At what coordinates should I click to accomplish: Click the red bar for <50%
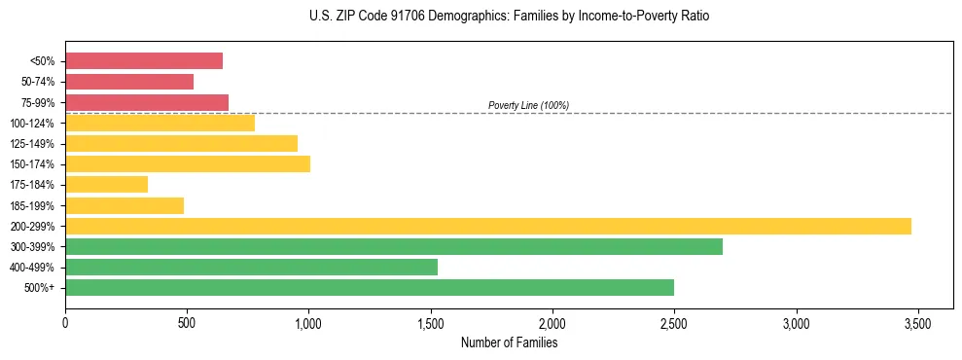(x=144, y=61)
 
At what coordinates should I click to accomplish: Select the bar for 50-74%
(x=129, y=82)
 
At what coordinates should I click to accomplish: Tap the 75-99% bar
(x=147, y=102)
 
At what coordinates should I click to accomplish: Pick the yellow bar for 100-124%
(x=160, y=123)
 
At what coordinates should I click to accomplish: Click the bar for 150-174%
(x=188, y=163)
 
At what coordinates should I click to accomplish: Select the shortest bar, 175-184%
(x=106, y=184)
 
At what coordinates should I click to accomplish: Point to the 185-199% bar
(x=125, y=205)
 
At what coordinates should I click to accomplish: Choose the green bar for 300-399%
(x=394, y=246)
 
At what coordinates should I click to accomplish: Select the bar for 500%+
(x=370, y=287)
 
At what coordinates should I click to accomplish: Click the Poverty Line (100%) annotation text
(x=528, y=105)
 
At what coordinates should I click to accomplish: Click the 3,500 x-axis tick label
(x=917, y=324)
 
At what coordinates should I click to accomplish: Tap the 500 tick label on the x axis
(x=187, y=324)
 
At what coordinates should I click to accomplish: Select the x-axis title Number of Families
(x=509, y=342)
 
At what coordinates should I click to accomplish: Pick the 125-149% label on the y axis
(x=32, y=144)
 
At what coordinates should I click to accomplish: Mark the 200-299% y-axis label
(x=32, y=226)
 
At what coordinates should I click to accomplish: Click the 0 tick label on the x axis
(x=65, y=324)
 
